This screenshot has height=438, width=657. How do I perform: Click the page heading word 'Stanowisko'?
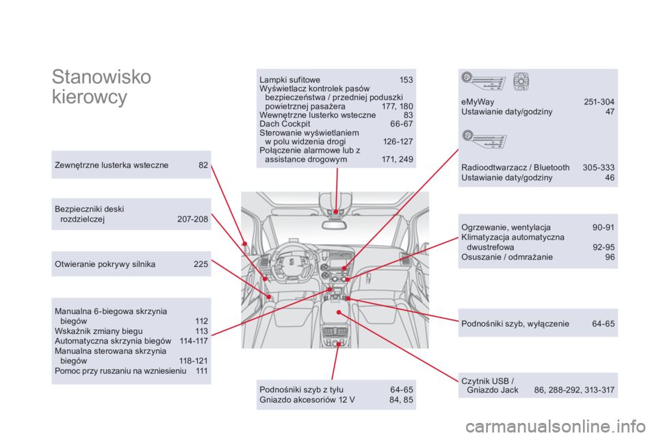(101, 77)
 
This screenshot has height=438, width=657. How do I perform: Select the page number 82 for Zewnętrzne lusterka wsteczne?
(203, 164)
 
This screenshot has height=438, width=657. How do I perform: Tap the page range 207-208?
(192, 220)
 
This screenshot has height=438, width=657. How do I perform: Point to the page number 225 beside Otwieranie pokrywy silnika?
(201, 263)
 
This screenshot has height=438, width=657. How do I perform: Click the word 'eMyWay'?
(478, 102)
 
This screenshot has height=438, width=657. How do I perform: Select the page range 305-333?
(598, 168)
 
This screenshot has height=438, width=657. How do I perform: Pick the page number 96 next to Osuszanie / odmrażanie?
(610, 257)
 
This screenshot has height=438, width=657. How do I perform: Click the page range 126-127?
(398, 142)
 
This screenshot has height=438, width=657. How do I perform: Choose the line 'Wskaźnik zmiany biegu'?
(99, 331)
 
